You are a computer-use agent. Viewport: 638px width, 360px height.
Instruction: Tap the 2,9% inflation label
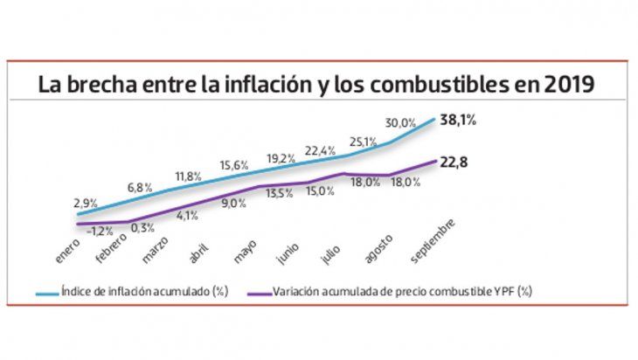[x=86, y=203]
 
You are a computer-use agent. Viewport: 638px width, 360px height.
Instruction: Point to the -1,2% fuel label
[x=101, y=231]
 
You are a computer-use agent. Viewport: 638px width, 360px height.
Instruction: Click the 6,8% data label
[x=141, y=188]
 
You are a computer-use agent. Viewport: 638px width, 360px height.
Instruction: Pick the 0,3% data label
[x=143, y=228]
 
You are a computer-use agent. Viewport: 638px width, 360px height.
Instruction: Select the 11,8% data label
[x=187, y=177]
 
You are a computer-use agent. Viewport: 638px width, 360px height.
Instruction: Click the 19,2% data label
[x=281, y=159]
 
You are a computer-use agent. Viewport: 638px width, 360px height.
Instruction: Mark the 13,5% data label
[x=279, y=193]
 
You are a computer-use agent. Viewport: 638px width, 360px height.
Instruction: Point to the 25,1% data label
[x=363, y=140]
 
